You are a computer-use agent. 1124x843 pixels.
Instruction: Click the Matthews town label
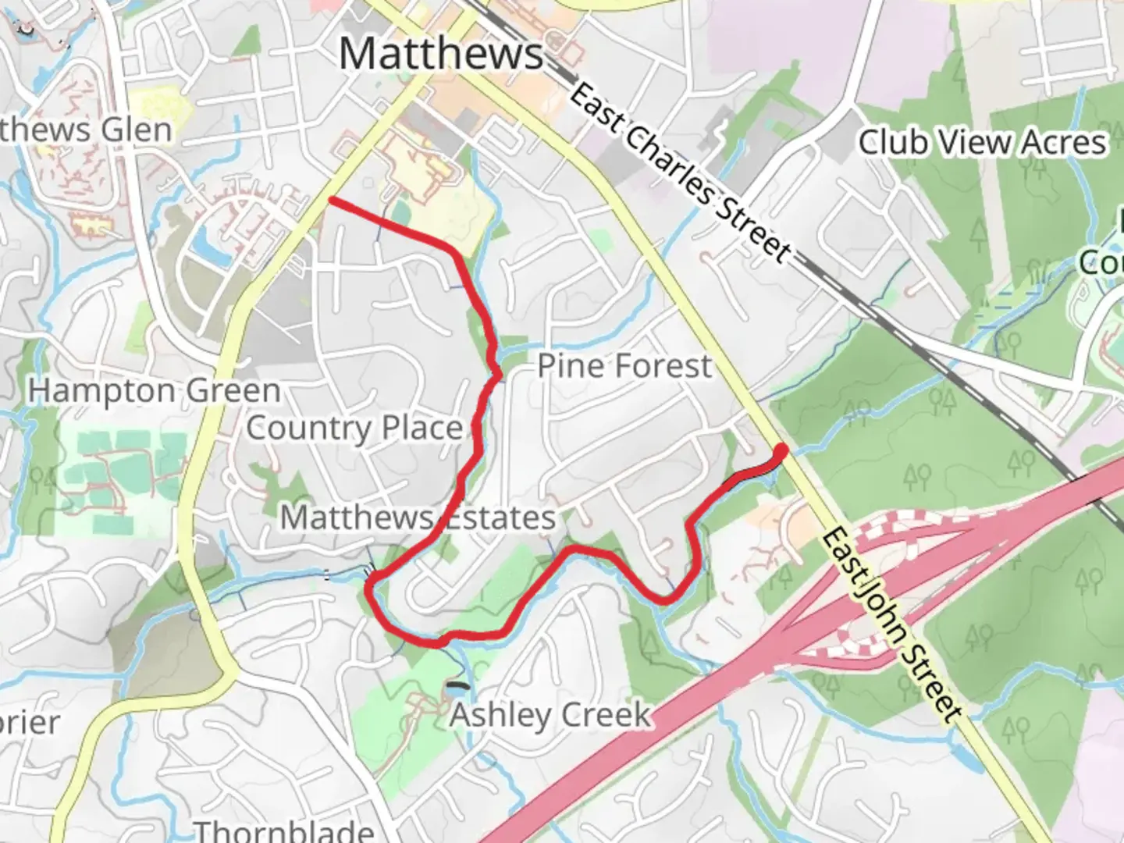(441, 53)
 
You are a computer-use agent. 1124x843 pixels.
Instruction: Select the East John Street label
(890, 624)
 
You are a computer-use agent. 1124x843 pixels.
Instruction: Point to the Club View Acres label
(982, 142)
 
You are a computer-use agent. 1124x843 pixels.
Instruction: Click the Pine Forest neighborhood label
(624, 365)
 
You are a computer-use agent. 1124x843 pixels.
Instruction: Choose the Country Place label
(354, 428)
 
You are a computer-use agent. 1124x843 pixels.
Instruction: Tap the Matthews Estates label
(418, 517)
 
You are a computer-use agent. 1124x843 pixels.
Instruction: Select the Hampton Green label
(155, 390)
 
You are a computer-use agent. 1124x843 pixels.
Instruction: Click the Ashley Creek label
(550, 714)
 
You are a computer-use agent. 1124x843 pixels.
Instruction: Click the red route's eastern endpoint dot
(781, 449)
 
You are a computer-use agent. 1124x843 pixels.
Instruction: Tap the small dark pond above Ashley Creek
(458, 687)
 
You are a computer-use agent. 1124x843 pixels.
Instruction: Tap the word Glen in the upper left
(140, 130)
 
